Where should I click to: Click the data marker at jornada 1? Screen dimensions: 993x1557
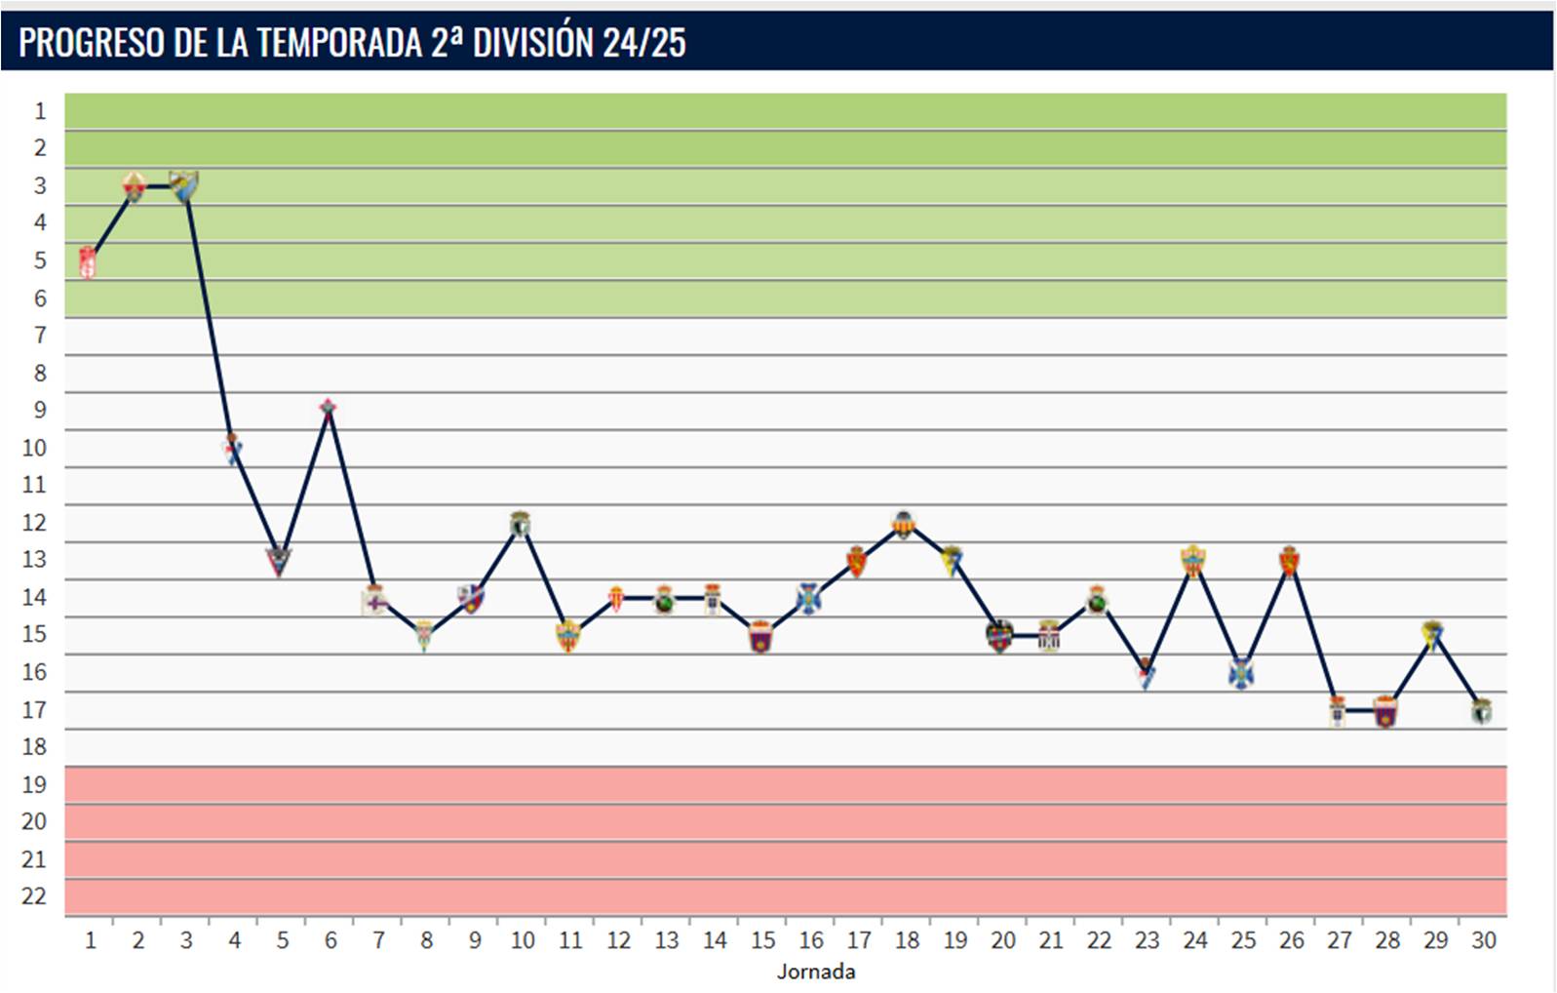(x=89, y=262)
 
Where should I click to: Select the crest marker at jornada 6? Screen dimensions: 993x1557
(x=329, y=407)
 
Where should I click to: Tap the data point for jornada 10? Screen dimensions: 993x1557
(x=521, y=525)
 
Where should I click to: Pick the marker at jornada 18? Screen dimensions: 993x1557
(x=905, y=525)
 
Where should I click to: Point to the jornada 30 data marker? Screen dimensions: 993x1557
(x=1481, y=711)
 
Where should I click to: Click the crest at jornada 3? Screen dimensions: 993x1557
(x=184, y=184)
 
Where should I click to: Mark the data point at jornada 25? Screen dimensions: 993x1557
(x=1241, y=673)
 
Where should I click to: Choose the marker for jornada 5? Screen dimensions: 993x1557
(x=280, y=561)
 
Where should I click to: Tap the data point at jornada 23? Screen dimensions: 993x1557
(x=1146, y=672)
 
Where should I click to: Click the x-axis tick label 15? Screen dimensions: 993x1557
(x=762, y=940)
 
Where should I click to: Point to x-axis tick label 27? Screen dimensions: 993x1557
(x=1339, y=940)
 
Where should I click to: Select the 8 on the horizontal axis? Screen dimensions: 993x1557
(x=426, y=940)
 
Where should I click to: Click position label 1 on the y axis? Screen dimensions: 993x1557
(x=40, y=111)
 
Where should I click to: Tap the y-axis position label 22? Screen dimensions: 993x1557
(x=34, y=896)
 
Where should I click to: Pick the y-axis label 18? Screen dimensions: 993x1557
(x=34, y=747)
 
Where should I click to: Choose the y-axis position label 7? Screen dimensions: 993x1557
(x=40, y=336)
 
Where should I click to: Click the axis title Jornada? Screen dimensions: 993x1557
(x=816, y=972)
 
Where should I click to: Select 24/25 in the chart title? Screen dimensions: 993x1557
(x=643, y=43)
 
